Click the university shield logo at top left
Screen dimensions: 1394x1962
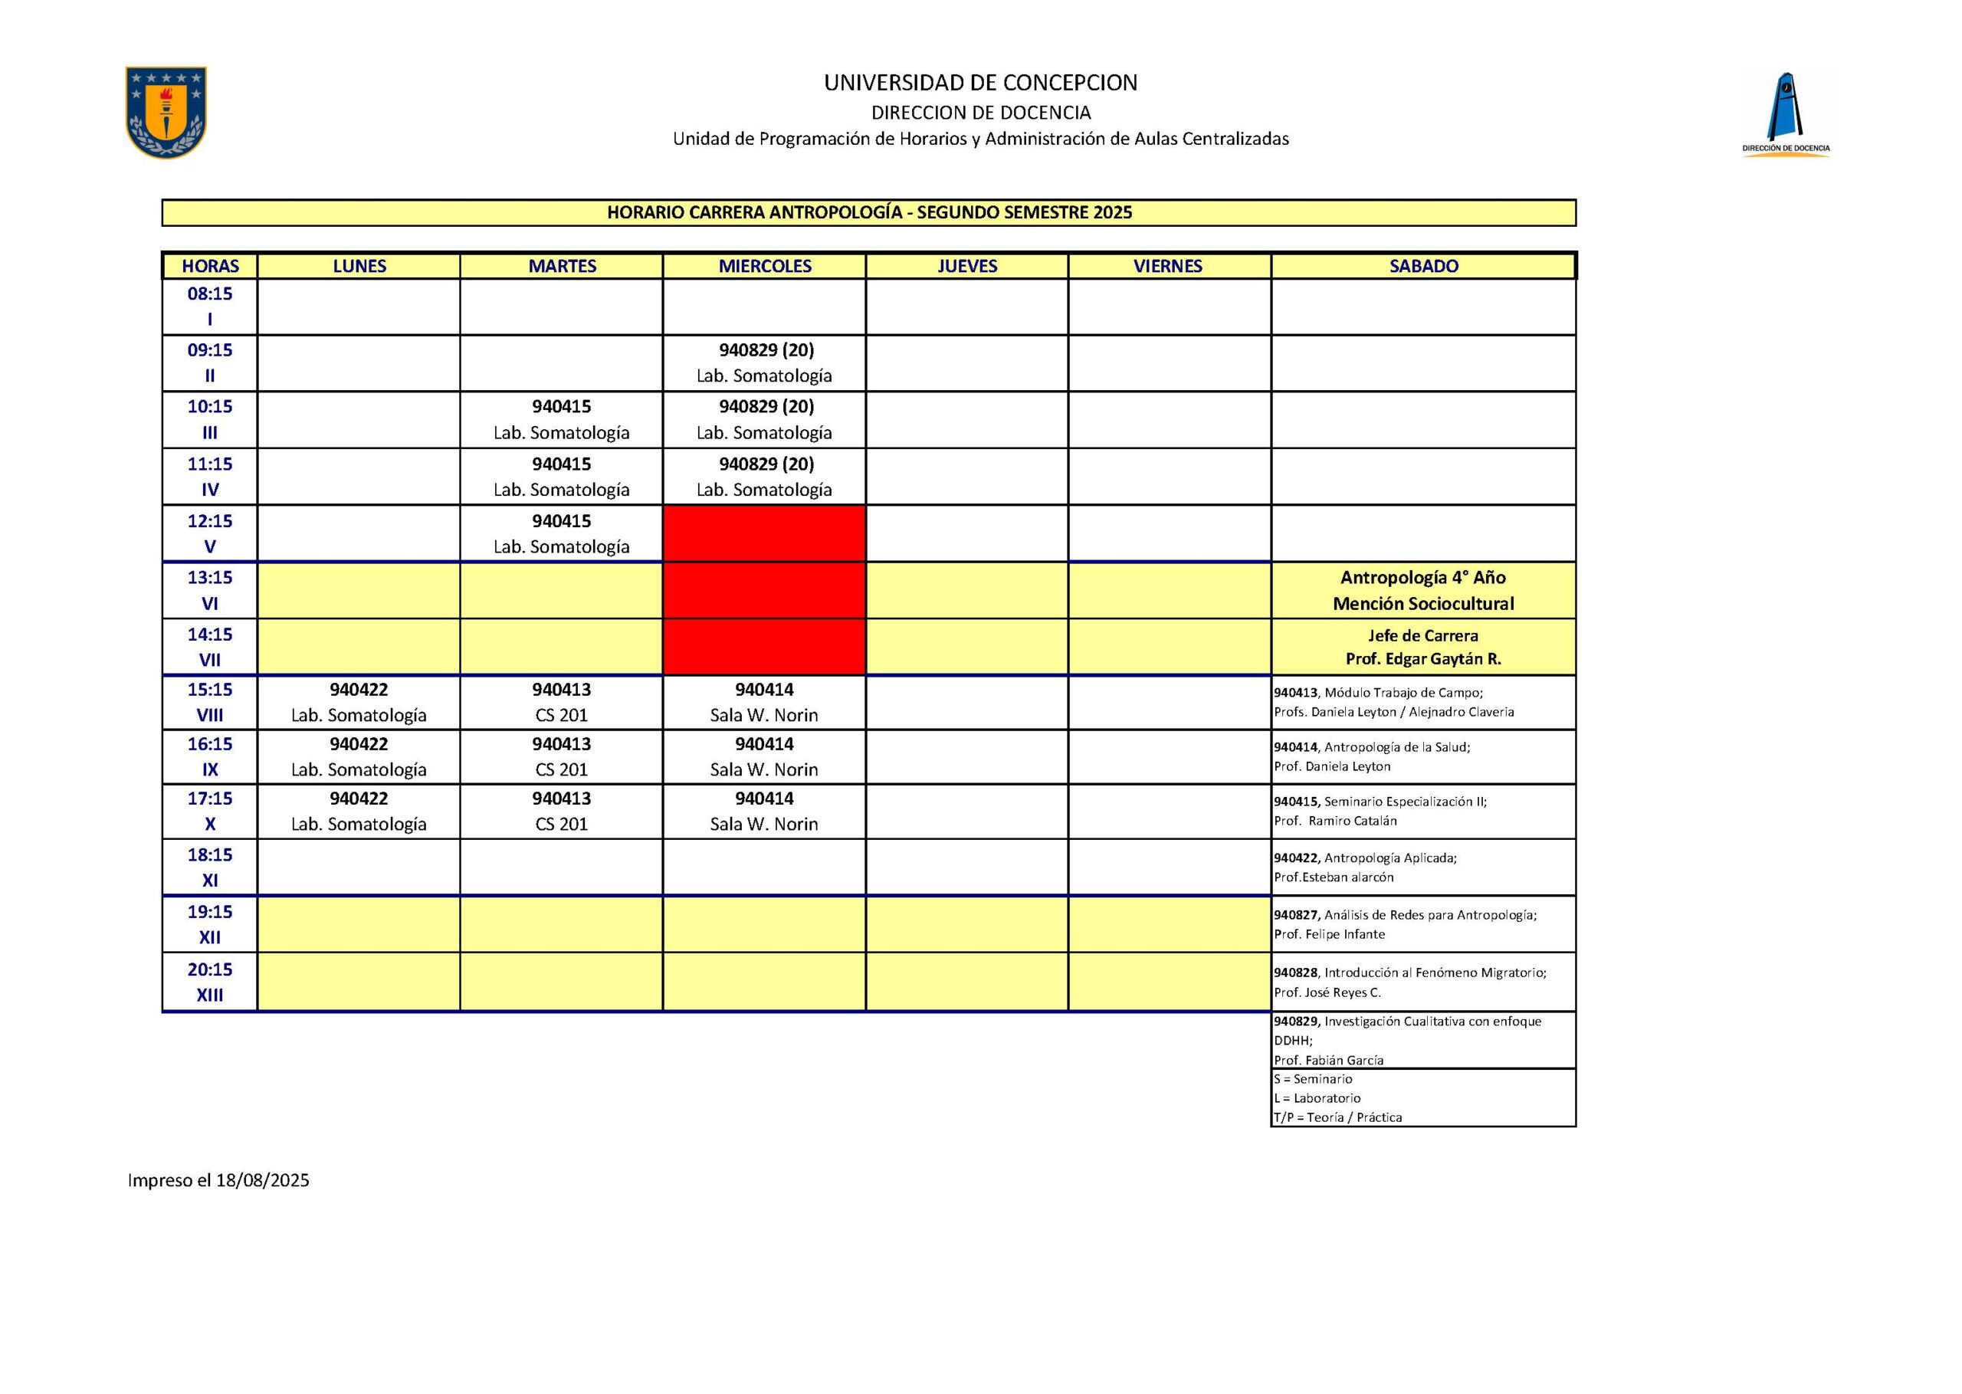(166, 113)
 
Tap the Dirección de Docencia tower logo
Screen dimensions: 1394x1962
(1785, 115)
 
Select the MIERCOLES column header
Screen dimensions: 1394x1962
(765, 266)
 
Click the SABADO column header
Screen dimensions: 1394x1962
(1423, 266)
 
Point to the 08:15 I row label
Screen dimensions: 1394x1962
(209, 307)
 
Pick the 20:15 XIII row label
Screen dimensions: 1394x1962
(209, 982)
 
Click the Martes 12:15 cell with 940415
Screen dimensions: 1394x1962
(561, 533)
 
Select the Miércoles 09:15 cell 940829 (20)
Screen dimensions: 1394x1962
(765, 362)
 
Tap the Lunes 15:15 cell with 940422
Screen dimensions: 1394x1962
(359, 702)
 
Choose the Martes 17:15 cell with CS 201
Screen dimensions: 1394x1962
(561, 811)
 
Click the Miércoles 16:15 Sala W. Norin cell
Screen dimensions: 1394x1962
(765, 756)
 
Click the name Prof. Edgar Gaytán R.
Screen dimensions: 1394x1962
(1423, 659)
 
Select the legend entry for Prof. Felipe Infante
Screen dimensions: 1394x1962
(1330, 934)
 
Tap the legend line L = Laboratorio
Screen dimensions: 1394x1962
(1317, 1098)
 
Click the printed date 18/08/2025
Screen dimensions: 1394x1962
(262, 1180)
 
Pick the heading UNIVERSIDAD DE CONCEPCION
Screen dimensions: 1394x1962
(980, 84)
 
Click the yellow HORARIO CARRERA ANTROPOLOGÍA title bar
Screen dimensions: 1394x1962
(868, 213)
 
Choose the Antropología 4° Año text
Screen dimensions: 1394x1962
(1423, 578)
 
